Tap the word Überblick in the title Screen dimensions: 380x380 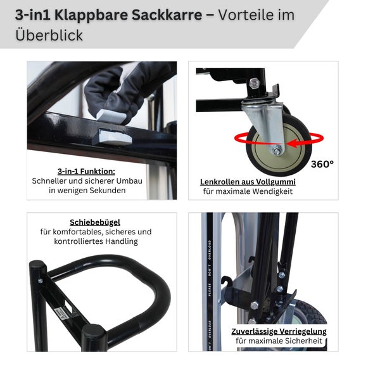[49, 35]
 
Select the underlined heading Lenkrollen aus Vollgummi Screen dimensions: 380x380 [248, 182]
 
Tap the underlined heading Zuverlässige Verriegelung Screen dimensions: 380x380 [279, 331]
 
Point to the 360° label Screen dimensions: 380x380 [322, 164]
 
